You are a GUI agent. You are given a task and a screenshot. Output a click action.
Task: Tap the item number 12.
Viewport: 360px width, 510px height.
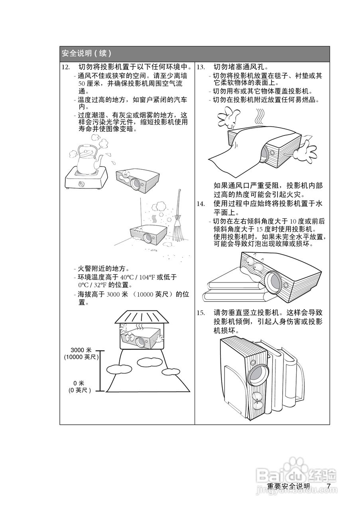(66, 67)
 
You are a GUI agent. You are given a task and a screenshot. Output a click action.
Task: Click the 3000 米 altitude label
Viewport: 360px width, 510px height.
(81, 350)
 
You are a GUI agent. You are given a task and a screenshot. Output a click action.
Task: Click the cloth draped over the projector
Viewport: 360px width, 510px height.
(235, 151)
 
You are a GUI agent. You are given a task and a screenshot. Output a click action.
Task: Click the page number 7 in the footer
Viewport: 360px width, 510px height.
(329, 486)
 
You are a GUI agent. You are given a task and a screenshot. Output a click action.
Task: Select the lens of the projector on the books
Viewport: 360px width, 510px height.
(274, 281)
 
